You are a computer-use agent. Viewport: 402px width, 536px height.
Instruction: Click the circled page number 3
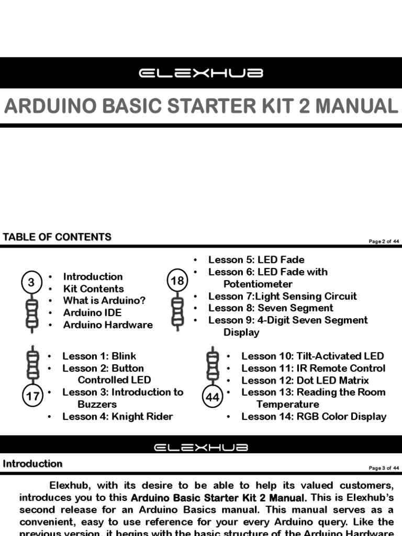click(31, 283)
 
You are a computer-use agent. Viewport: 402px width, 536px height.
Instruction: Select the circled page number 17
click(32, 396)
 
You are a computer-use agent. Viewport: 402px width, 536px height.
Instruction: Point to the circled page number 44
click(213, 397)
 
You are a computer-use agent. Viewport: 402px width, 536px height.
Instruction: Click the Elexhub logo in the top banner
click(201, 73)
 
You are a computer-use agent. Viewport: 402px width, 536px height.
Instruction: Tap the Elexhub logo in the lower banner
click(201, 448)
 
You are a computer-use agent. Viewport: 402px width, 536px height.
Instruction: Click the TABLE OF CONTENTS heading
click(57, 237)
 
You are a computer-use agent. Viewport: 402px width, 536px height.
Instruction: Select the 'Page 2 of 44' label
click(384, 241)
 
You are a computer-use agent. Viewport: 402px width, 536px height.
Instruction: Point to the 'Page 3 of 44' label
click(384, 468)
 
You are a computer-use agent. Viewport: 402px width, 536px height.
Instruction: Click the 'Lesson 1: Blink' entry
click(99, 356)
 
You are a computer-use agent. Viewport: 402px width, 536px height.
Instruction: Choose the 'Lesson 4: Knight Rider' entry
click(117, 417)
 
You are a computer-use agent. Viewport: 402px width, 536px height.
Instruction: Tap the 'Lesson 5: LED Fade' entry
click(256, 260)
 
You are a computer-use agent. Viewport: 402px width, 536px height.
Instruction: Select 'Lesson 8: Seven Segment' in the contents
click(271, 308)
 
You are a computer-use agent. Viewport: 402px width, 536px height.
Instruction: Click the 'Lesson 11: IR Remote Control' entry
click(313, 368)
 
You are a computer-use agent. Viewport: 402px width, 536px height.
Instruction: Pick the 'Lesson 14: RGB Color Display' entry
click(314, 417)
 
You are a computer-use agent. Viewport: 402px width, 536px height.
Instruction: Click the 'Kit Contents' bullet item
click(93, 288)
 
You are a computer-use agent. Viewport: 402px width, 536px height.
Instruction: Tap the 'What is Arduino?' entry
click(104, 300)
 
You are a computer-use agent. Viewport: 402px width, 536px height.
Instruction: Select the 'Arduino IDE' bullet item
click(92, 312)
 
